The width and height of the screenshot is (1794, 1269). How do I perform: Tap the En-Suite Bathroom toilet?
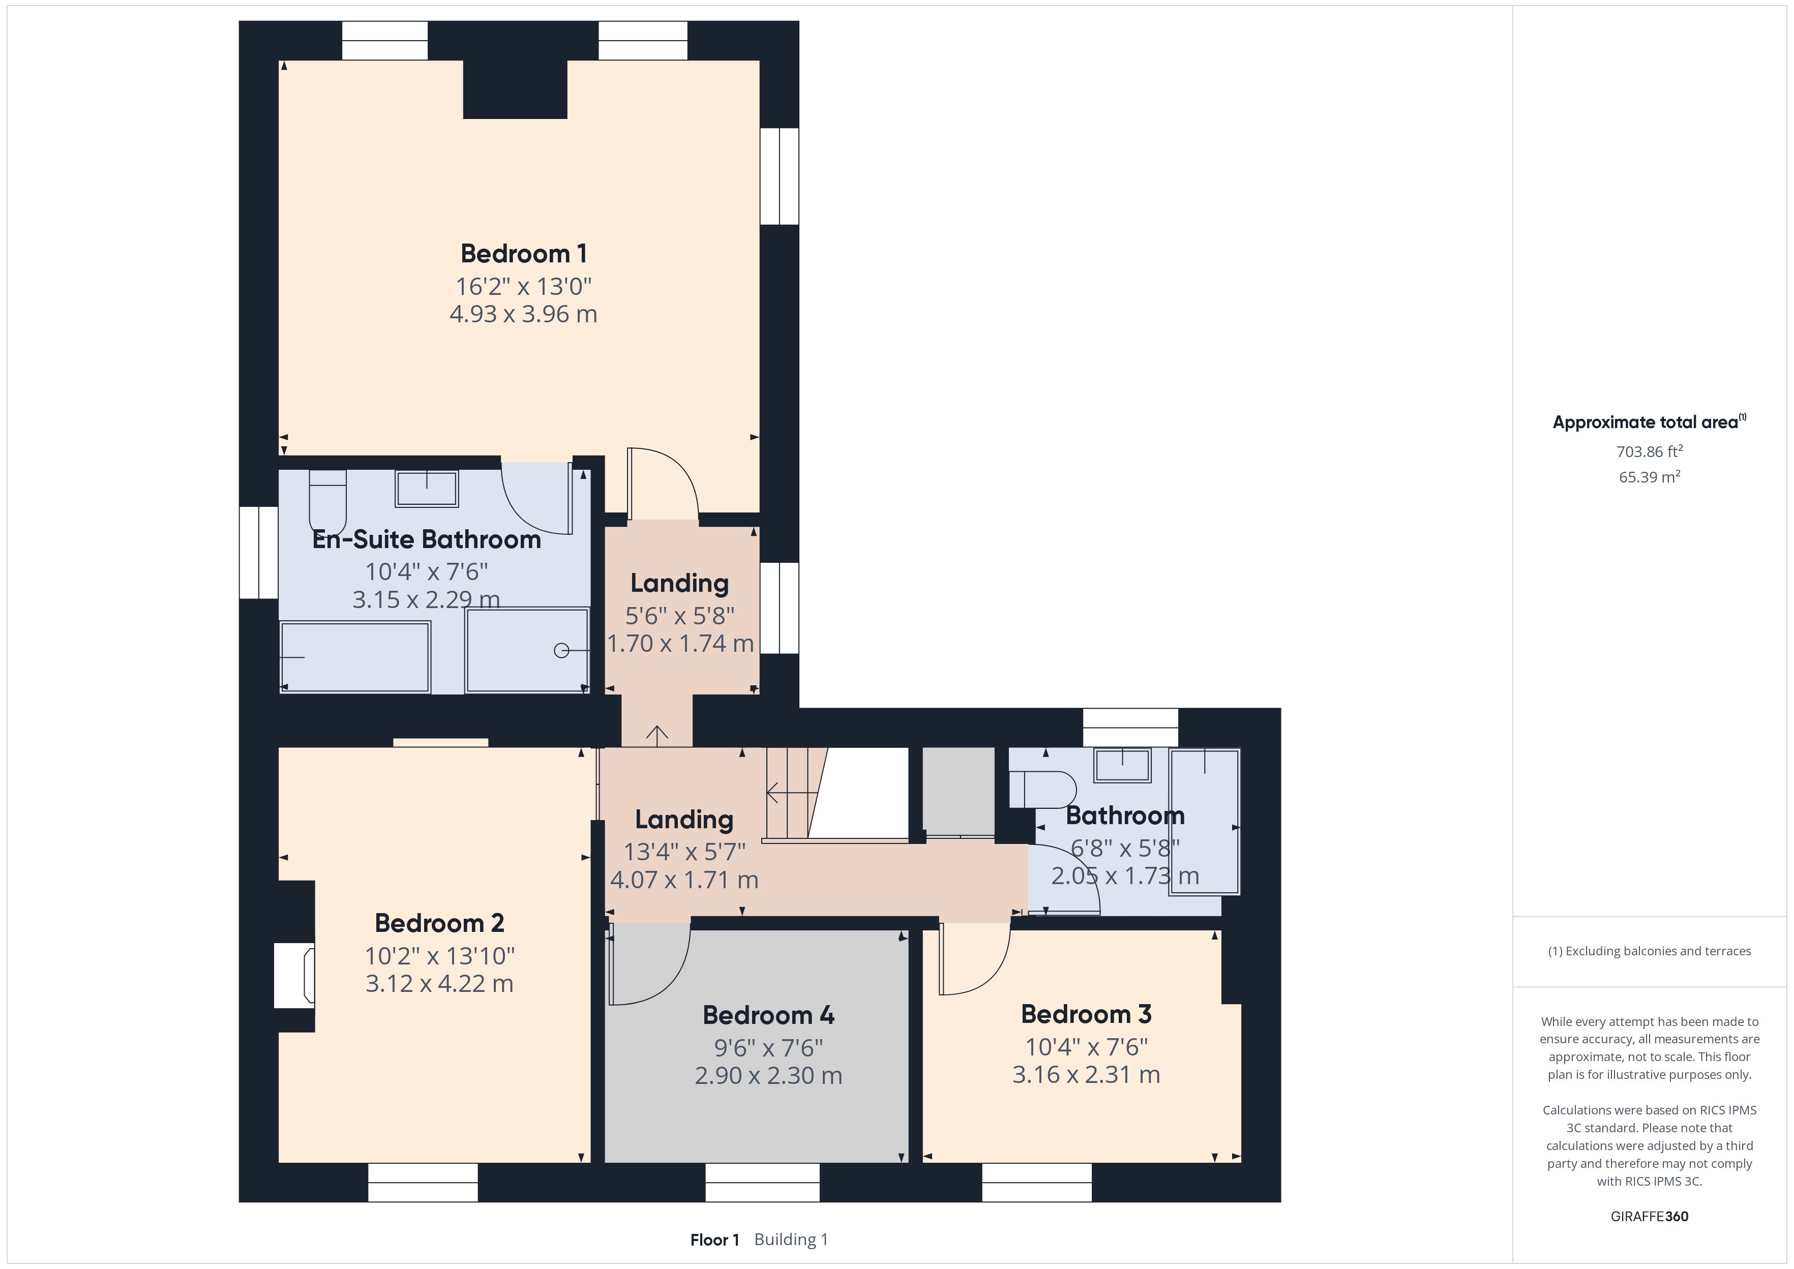[327, 501]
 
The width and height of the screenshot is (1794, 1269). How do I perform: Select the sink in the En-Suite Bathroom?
[427, 489]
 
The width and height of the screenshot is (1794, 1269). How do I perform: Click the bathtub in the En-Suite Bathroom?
[355, 656]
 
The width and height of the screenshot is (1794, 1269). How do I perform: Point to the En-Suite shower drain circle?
[561, 650]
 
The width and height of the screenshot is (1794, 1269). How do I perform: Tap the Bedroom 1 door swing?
[663, 483]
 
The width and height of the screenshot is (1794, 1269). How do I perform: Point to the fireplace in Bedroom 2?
[294, 975]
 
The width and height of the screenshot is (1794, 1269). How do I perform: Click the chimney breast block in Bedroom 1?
[515, 89]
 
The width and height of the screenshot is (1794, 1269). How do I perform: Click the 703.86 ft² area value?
[1650, 451]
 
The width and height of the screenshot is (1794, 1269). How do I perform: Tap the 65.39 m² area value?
[1650, 477]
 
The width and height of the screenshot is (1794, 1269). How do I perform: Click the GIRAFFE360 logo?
[1650, 1217]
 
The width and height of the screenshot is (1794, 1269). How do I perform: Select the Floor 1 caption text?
[714, 1240]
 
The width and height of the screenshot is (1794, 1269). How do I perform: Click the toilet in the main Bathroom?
[1042, 789]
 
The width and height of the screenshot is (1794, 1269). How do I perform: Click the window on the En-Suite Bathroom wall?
[259, 553]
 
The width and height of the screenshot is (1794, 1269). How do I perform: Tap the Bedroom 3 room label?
[1086, 1014]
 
